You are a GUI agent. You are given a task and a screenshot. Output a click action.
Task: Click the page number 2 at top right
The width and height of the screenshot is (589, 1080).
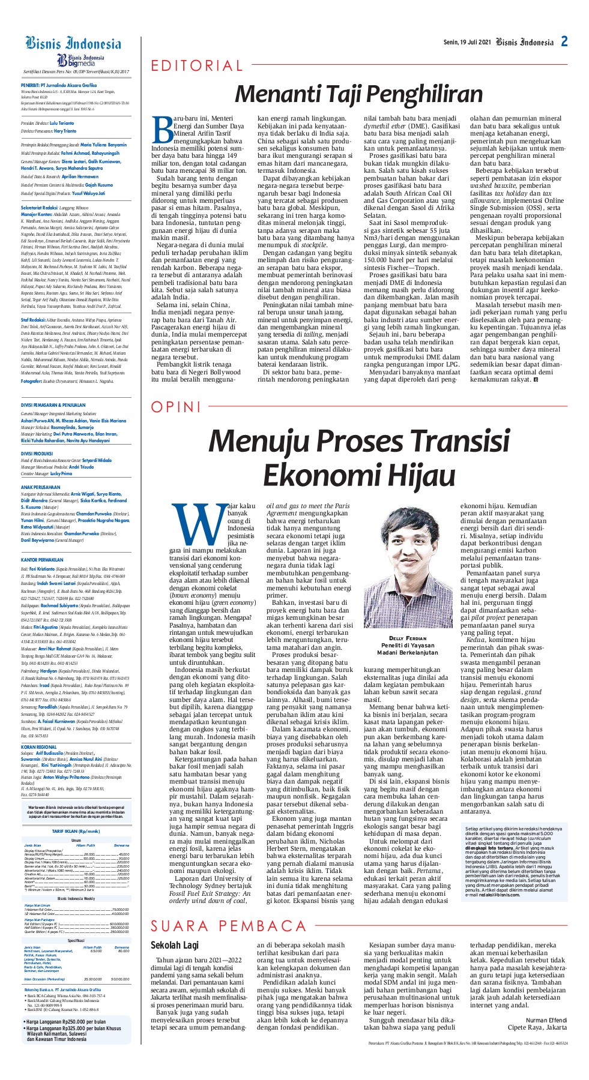tap(564, 41)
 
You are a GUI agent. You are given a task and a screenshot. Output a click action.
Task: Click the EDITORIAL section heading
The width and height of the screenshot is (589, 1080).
tap(197, 66)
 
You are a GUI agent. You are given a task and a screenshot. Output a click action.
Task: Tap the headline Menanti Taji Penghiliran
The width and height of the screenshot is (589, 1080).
tap(358, 94)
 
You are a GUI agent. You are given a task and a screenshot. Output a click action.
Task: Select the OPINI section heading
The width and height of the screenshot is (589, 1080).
tap(176, 407)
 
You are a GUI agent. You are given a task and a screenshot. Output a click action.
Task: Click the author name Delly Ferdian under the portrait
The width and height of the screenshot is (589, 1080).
tap(407, 638)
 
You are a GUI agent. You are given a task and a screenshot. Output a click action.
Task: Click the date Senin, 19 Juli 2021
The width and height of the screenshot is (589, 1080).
tap(467, 43)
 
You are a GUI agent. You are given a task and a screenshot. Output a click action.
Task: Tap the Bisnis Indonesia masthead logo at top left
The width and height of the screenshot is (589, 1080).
tap(73, 44)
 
